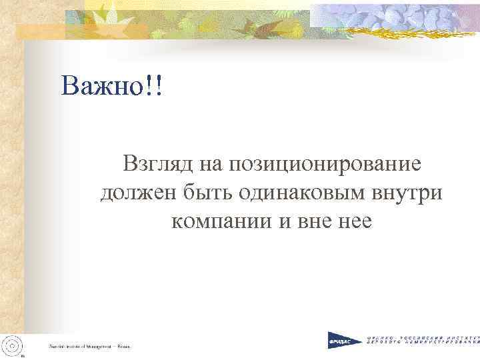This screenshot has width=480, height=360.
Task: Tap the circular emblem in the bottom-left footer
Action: (13, 343)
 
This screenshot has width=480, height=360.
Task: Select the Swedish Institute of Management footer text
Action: (88, 346)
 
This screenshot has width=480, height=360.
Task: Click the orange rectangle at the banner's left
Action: (40, 30)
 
